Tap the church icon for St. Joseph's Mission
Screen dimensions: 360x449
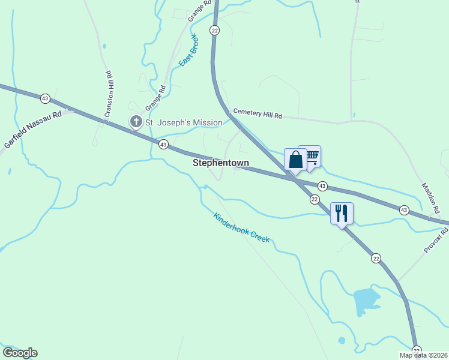pos(136,122)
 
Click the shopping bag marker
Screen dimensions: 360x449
pos(295,160)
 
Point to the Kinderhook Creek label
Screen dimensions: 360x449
pos(242,228)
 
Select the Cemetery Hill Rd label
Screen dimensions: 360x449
pos(258,113)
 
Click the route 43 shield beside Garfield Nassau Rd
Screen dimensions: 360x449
pos(45,98)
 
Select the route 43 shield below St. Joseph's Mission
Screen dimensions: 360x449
pos(163,144)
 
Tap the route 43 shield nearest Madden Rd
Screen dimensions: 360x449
pos(404,209)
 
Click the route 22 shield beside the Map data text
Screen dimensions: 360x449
pos(417,350)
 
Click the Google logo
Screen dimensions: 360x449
pos(20,353)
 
